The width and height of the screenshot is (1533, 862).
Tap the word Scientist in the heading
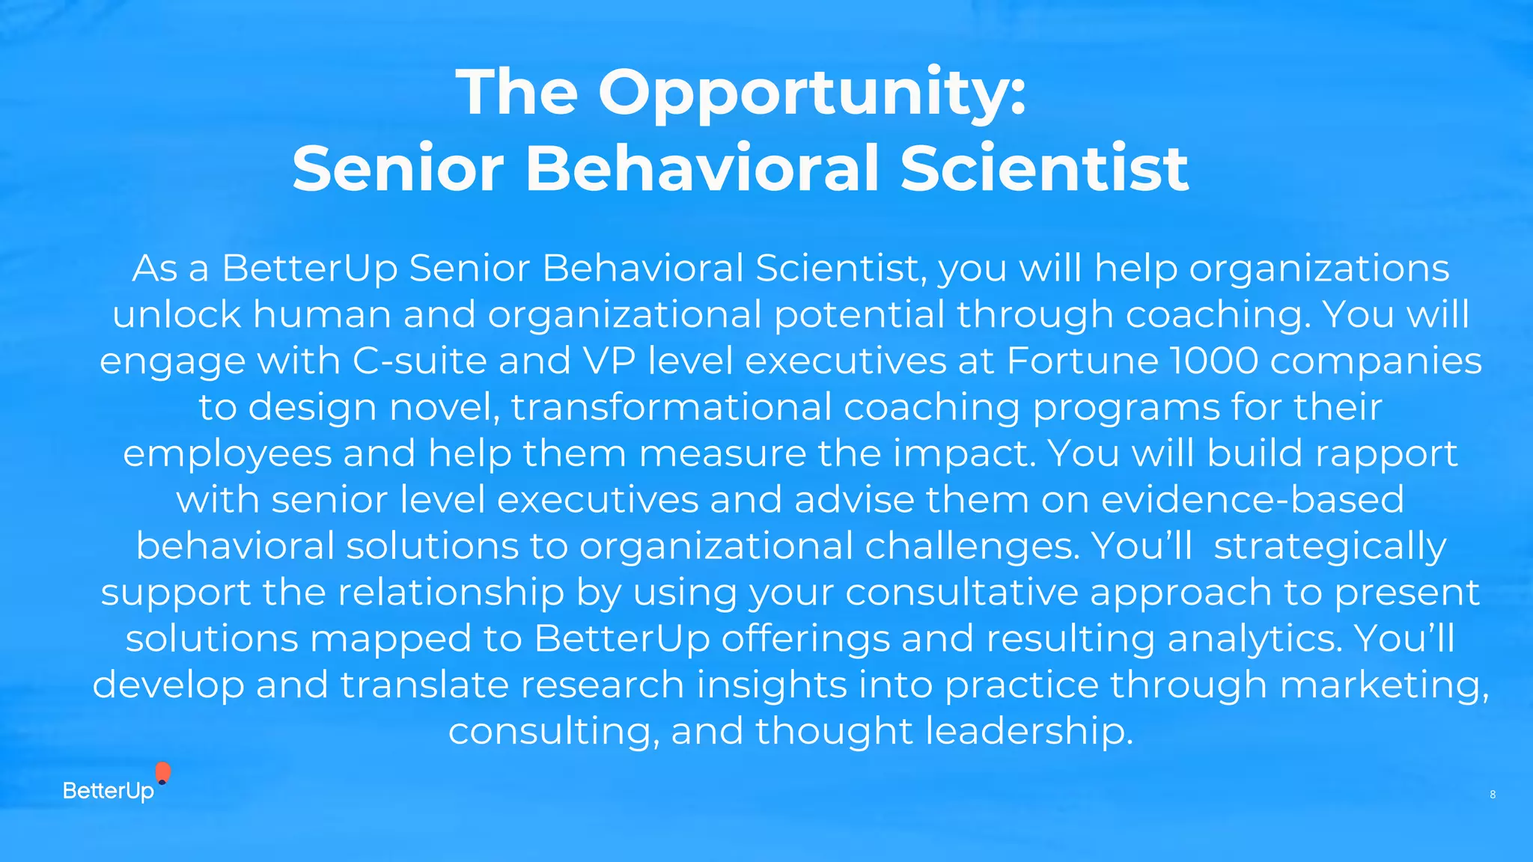tap(1043, 168)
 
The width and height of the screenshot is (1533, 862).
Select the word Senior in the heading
tap(397, 168)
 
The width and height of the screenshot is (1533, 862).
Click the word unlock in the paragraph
tap(177, 314)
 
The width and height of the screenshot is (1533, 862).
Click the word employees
tap(227, 454)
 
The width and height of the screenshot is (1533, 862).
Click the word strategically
tap(1329, 547)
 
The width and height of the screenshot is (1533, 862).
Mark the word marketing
tap(1385, 685)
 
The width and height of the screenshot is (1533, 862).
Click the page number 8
tap(1493, 795)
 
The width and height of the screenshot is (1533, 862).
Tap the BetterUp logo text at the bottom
tap(109, 791)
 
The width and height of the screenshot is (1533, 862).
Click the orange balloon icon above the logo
tap(162, 772)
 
